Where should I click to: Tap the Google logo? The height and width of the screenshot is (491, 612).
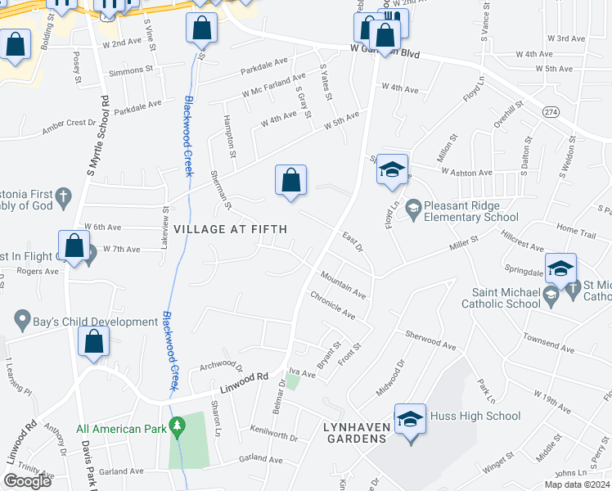pos(27,480)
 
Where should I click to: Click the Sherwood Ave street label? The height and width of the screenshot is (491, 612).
pos(430,340)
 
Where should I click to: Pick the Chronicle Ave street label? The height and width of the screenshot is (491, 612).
pos(332,308)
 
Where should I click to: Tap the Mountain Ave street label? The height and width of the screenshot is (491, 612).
pos(343,284)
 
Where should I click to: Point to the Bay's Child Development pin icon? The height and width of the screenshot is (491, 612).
pos(22,318)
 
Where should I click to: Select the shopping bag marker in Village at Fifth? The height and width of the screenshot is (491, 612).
pos(290,181)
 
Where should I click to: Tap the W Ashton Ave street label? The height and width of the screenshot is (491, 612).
pos(466,173)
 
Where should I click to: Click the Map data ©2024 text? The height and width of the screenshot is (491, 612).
pos(576,484)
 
